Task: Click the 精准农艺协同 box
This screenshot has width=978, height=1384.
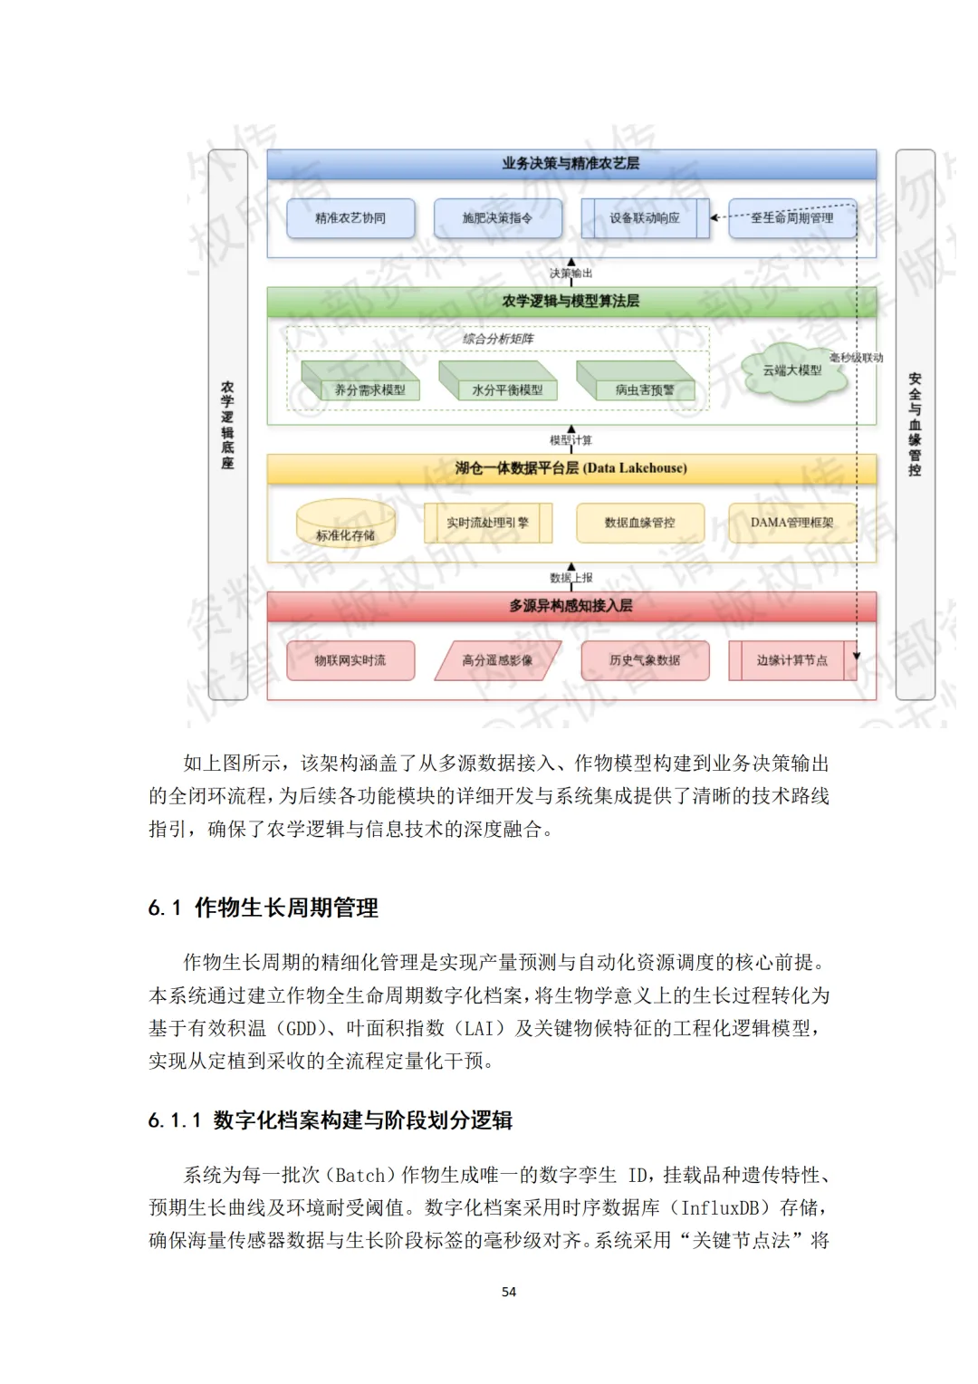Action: [350, 218]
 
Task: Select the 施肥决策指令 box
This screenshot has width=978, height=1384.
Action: [497, 218]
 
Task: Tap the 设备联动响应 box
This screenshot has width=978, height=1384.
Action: [644, 218]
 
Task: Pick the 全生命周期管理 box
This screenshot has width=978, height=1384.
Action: [791, 218]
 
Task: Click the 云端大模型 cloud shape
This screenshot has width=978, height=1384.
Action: [792, 370]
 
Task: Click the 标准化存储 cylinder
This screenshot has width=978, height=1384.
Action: [346, 524]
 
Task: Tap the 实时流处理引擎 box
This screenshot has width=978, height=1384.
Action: [487, 523]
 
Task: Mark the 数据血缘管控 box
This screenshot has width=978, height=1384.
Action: [639, 523]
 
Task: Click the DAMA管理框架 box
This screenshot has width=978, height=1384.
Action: [791, 523]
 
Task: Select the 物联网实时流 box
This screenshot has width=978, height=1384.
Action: [350, 660]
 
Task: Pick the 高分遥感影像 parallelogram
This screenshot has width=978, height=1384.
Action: [497, 660]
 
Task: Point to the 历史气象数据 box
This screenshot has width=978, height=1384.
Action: [644, 660]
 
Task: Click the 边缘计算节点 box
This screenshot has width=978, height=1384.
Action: [791, 660]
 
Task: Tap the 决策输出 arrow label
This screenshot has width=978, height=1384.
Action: [570, 274]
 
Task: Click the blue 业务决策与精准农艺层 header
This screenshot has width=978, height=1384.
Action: [570, 164]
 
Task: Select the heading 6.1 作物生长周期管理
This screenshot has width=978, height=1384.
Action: [264, 908]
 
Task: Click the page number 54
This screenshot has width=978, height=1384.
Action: [509, 1292]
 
